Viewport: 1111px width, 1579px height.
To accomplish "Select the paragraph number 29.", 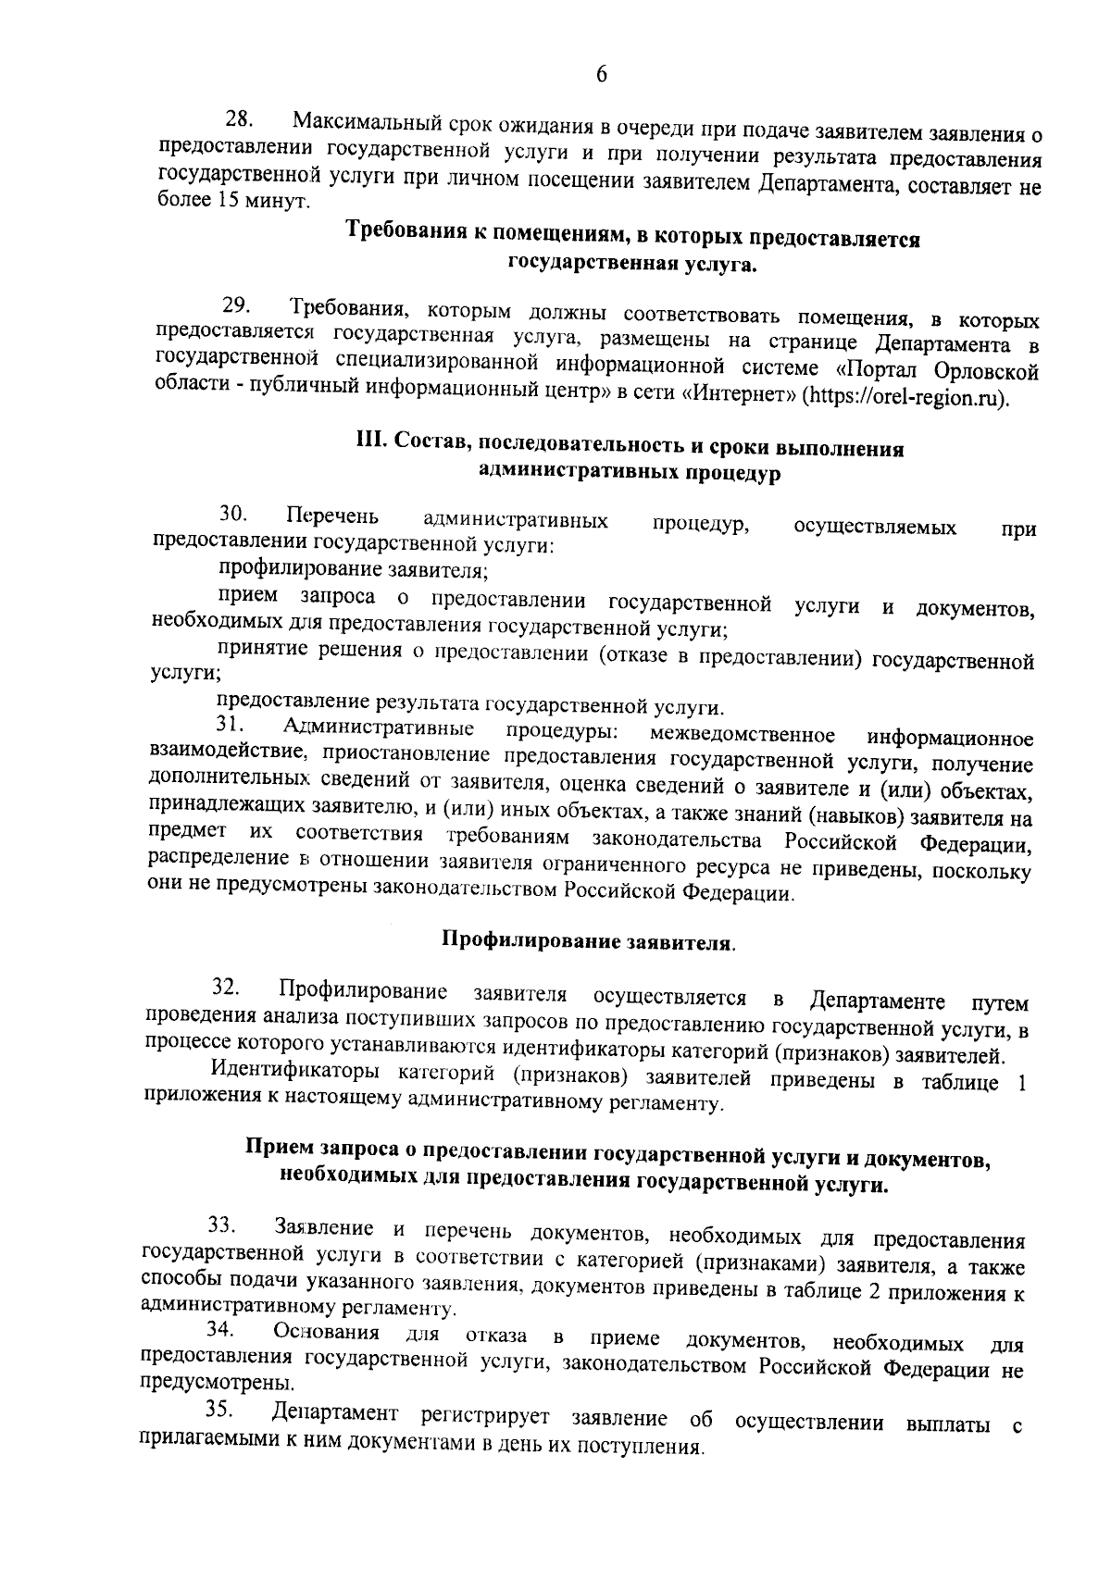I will click(x=238, y=305).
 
